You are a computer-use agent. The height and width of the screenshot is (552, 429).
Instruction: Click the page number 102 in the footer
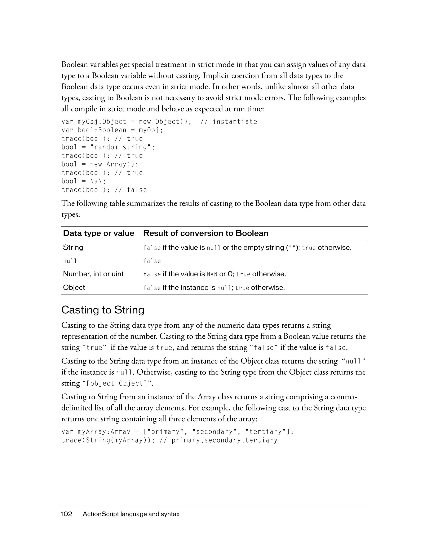[67, 514]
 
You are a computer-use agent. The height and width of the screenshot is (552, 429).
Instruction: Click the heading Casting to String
[103, 310]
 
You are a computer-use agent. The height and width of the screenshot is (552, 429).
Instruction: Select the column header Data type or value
[98, 233]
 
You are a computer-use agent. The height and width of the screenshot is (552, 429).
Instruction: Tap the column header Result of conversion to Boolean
[205, 233]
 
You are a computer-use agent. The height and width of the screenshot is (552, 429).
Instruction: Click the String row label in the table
[73, 247]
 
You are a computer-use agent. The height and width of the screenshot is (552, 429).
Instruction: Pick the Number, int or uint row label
[93, 274]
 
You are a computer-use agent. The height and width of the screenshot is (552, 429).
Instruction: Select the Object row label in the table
[74, 288]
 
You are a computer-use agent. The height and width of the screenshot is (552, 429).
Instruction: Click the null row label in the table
[70, 261]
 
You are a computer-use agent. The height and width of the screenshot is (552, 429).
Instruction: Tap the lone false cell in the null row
[152, 261]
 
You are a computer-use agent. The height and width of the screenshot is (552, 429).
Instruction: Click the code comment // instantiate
[229, 122]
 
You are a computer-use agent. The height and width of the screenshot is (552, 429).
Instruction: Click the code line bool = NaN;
[84, 181]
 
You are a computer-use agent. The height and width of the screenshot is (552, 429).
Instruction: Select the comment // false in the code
[131, 190]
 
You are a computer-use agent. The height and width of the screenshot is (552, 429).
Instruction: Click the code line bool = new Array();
[100, 164]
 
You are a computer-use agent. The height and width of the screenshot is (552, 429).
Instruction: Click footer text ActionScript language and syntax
[131, 514]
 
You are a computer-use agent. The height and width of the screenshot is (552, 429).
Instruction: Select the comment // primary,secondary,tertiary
[218, 440]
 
